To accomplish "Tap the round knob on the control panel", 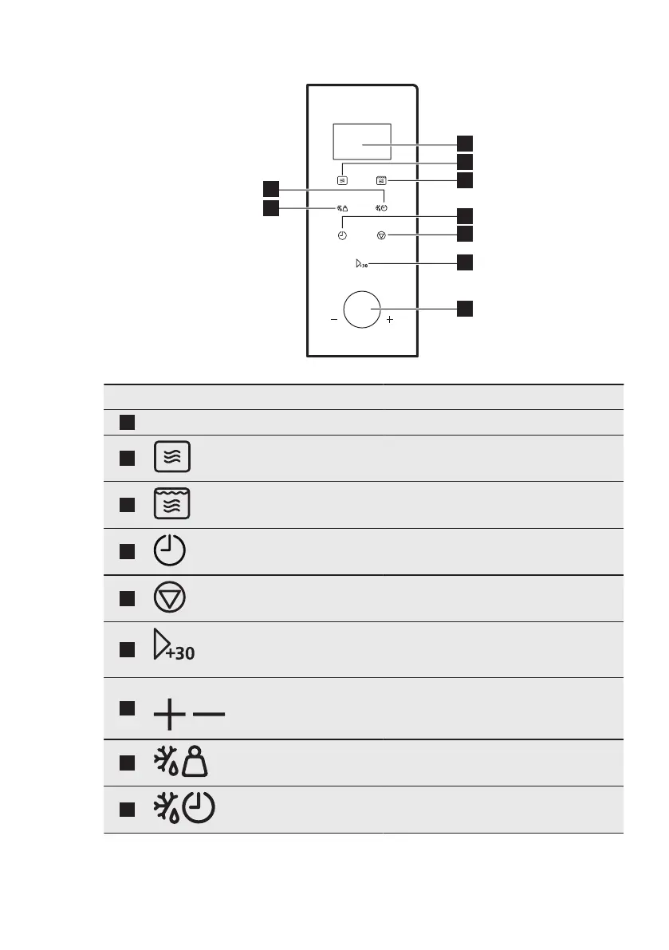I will (362, 309).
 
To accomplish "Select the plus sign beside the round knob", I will (390, 320).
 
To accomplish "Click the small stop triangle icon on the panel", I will (381, 236).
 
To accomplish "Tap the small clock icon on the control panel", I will (342, 236).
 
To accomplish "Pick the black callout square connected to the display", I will (465, 143).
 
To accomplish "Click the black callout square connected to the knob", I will (465, 308).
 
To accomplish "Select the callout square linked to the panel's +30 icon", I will (465, 262).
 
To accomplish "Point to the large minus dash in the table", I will (209, 713).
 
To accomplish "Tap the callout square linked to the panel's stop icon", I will (465, 233).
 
